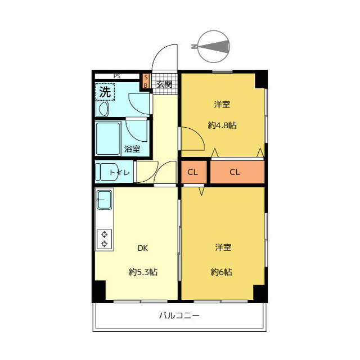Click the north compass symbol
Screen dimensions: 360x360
click(x=213, y=47)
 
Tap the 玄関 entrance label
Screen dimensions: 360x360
click(x=164, y=84)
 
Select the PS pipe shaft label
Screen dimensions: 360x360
click(x=116, y=76)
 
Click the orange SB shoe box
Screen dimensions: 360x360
click(x=146, y=81)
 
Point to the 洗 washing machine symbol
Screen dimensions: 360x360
click(x=105, y=92)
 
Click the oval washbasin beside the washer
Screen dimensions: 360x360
click(x=103, y=109)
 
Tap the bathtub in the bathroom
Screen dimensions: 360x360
click(x=108, y=139)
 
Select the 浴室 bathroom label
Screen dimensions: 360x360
click(x=132, y=149)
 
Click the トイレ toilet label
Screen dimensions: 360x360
click(x=120, y=172)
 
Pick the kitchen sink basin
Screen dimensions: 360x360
click(x=104, y=200)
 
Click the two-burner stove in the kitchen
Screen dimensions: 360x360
click(x=105, y=239)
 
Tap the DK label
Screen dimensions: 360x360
click(x=142, y=248)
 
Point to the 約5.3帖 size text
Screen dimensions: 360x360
click(x=143, y=272)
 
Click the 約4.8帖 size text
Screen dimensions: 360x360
click(x=222, y=125)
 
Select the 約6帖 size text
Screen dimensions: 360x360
click(x=221, y=272)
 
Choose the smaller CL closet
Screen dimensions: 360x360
click(x=193, y=172)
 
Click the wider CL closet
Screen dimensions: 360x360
click(x=237, y=172)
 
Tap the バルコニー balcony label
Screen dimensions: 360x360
click(x=179, y=316)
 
